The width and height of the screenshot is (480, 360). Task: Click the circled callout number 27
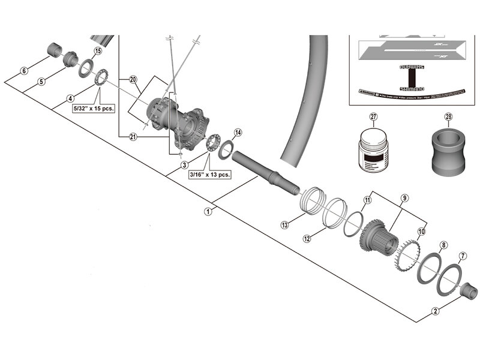[x=374, y=117]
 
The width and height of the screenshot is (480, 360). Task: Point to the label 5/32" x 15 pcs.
[x=94, y=109]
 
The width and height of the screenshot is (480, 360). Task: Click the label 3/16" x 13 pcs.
[x=209, y=175]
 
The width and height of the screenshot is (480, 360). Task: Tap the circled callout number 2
[x=435, y=311]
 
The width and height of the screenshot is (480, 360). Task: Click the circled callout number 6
[x=24, y=71]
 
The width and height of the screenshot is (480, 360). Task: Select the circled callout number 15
[x=98, y=52]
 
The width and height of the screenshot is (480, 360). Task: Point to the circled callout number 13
[x=284, y=224]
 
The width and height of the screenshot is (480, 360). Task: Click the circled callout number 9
[x=404, y=198]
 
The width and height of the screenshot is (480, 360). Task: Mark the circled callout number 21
[x=133, y=137]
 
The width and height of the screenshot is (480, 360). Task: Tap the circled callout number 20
[x=133, y=79]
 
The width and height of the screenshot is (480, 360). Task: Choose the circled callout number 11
[x=368, y=199]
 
